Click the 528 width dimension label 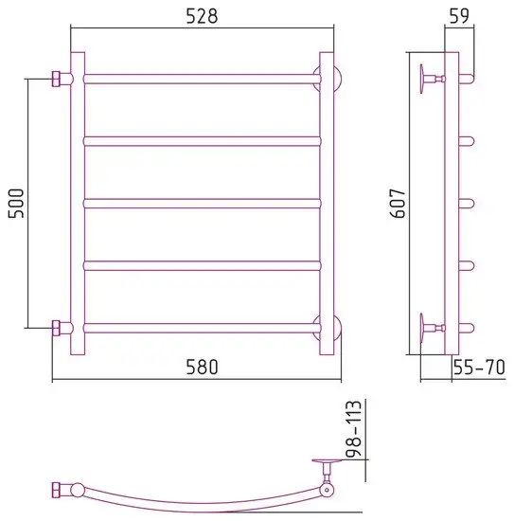[x=202, y=16]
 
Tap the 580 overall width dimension [x=202, y=367]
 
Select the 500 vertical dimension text [x=16, y=204]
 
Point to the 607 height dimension [x=398, y=204]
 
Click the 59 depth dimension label [x=459, y=15]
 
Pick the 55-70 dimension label [x=479, y=367]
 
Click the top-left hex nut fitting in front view [x=57, y=79]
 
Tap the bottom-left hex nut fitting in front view [x=57, y=328]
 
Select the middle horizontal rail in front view [x=203, y=204]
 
